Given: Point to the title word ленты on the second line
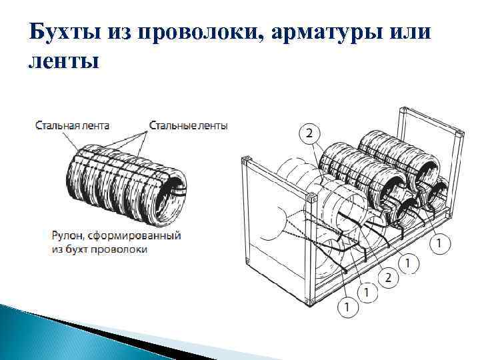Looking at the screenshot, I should [64, 62].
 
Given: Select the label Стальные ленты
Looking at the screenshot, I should [189, 125].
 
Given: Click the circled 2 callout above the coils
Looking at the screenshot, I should [308, 134].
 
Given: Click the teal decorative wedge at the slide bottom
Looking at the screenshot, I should [67, 327].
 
